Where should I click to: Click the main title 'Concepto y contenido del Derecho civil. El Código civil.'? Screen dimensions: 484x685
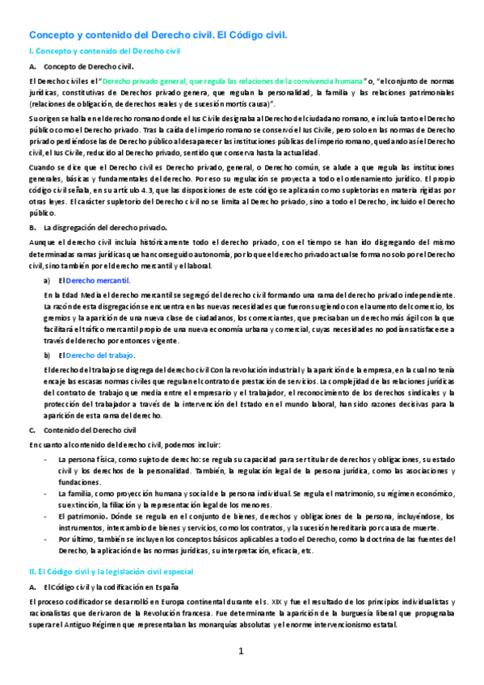click(158, 36)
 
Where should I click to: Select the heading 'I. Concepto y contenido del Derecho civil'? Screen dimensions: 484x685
click(104, 51)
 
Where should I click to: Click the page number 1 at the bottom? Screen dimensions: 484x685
click(241, 651)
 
